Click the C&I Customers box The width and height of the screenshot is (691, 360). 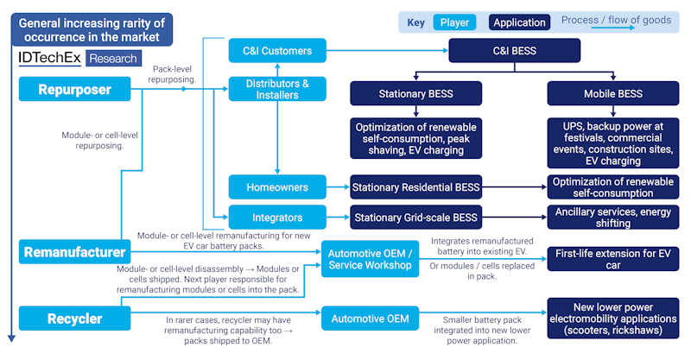pos(277,51)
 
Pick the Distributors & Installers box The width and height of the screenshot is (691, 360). pos(277,89)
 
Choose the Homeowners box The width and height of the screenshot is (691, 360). pos(277,186)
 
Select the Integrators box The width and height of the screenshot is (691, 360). pos(277,217)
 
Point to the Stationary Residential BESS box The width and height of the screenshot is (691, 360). pos(415,186)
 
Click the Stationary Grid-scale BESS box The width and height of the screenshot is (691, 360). pos(415,217)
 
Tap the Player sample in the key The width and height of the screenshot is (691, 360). pos(454,22)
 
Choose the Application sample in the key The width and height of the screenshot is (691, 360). pos(519,22)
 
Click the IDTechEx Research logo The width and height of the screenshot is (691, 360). pos(78,59)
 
